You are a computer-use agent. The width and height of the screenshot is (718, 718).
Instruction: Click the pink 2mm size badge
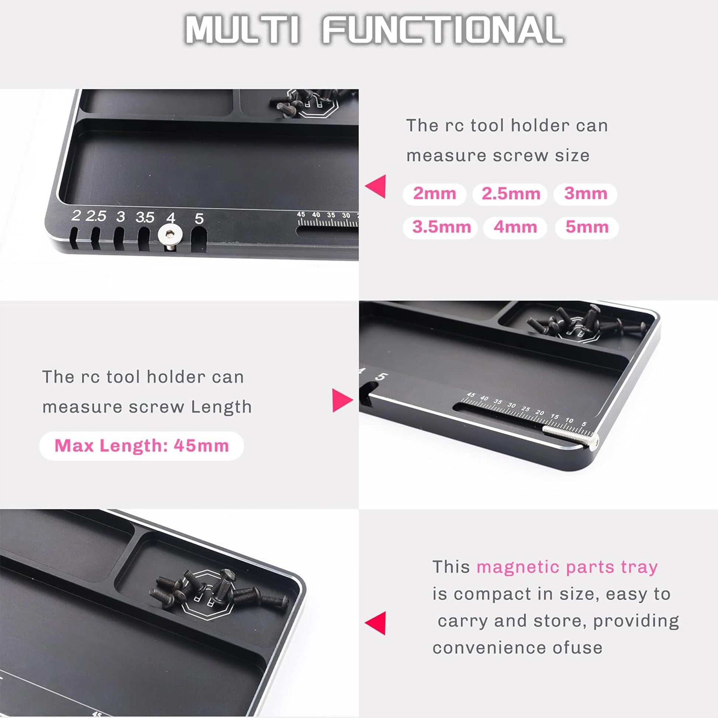[x=434, y=194]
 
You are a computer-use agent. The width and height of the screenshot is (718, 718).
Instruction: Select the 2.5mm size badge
[x=510, y=194]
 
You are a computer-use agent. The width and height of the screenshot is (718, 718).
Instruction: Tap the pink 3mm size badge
[x=585, y=194]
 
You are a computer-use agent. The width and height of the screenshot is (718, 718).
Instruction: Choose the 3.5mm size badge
[x=441, y=227]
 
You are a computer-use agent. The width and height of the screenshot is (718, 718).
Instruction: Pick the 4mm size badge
[x=515, y=227]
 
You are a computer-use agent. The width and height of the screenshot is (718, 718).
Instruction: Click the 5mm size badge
[x=587, y=227]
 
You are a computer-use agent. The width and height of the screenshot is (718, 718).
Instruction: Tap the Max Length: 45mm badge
[x=142, y=446]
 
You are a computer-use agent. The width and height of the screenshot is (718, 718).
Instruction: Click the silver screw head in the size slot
[x=170, y=235]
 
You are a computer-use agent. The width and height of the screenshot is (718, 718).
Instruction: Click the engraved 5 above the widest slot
[x=199, y=218]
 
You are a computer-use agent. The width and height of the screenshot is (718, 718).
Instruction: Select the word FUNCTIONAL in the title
[x=443, y=29]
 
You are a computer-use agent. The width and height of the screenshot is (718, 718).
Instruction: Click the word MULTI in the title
[x=242, y=30]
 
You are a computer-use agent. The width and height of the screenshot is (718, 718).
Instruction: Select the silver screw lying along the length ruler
[x=571, y=435]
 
